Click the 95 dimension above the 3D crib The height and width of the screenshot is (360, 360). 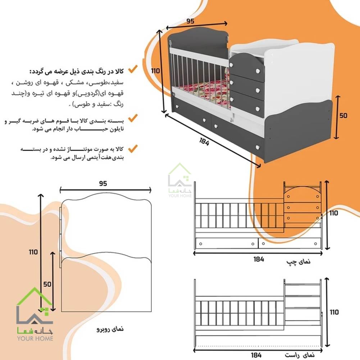click(x=190, y=21)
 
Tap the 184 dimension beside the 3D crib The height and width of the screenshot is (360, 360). click(x=204, y=142)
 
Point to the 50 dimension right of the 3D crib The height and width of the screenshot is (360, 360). click(x=343, y=115)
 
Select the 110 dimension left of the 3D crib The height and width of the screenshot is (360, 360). click(x=155, y=71)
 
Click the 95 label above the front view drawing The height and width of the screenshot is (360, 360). click(x=103, y=183)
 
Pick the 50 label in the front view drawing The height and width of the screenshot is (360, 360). click(x=47, y=284)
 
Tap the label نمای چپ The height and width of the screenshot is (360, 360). click(x=298, y=261)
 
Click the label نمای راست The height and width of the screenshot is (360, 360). click(x=300, y=355)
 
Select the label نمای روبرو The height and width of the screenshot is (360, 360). click(x=110, y=329)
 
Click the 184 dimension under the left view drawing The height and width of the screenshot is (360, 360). click(x=259, y=259)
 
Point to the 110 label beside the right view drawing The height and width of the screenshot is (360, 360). click(x=334, y=312)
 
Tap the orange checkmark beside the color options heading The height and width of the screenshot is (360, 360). click(x=133, y=69)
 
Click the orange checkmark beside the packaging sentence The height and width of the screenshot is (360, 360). click(x=133, y=118)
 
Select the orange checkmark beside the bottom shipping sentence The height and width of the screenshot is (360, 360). click(x=133, y=149)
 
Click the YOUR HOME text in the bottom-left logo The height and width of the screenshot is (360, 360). click(x=35, y=338)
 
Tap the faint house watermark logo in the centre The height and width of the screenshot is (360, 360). click(x=180, y=180)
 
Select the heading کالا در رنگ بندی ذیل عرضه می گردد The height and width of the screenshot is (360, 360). click(x=77, y=71)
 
